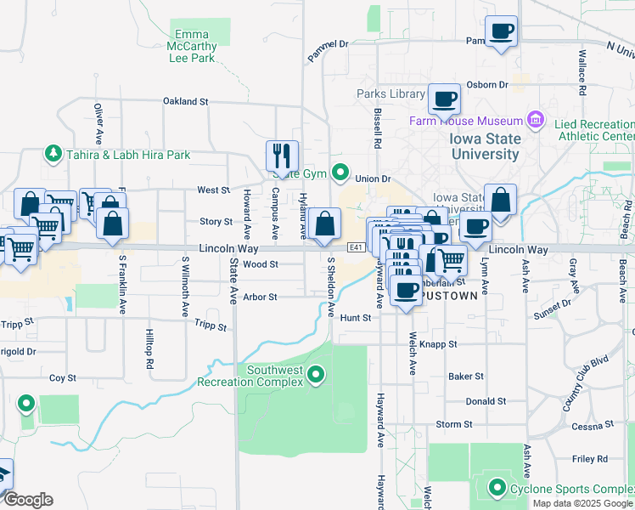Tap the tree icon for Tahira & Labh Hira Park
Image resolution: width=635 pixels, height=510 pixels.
coord(53,155)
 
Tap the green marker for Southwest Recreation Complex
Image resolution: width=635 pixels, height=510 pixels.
coord(316,374)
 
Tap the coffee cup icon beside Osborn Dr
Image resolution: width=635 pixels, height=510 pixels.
coord(444,99)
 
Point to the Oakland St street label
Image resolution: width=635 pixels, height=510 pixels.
coord(185,101)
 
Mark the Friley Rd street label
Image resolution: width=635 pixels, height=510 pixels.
coord(589,459)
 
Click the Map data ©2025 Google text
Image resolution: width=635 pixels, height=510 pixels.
coord(582,503)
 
